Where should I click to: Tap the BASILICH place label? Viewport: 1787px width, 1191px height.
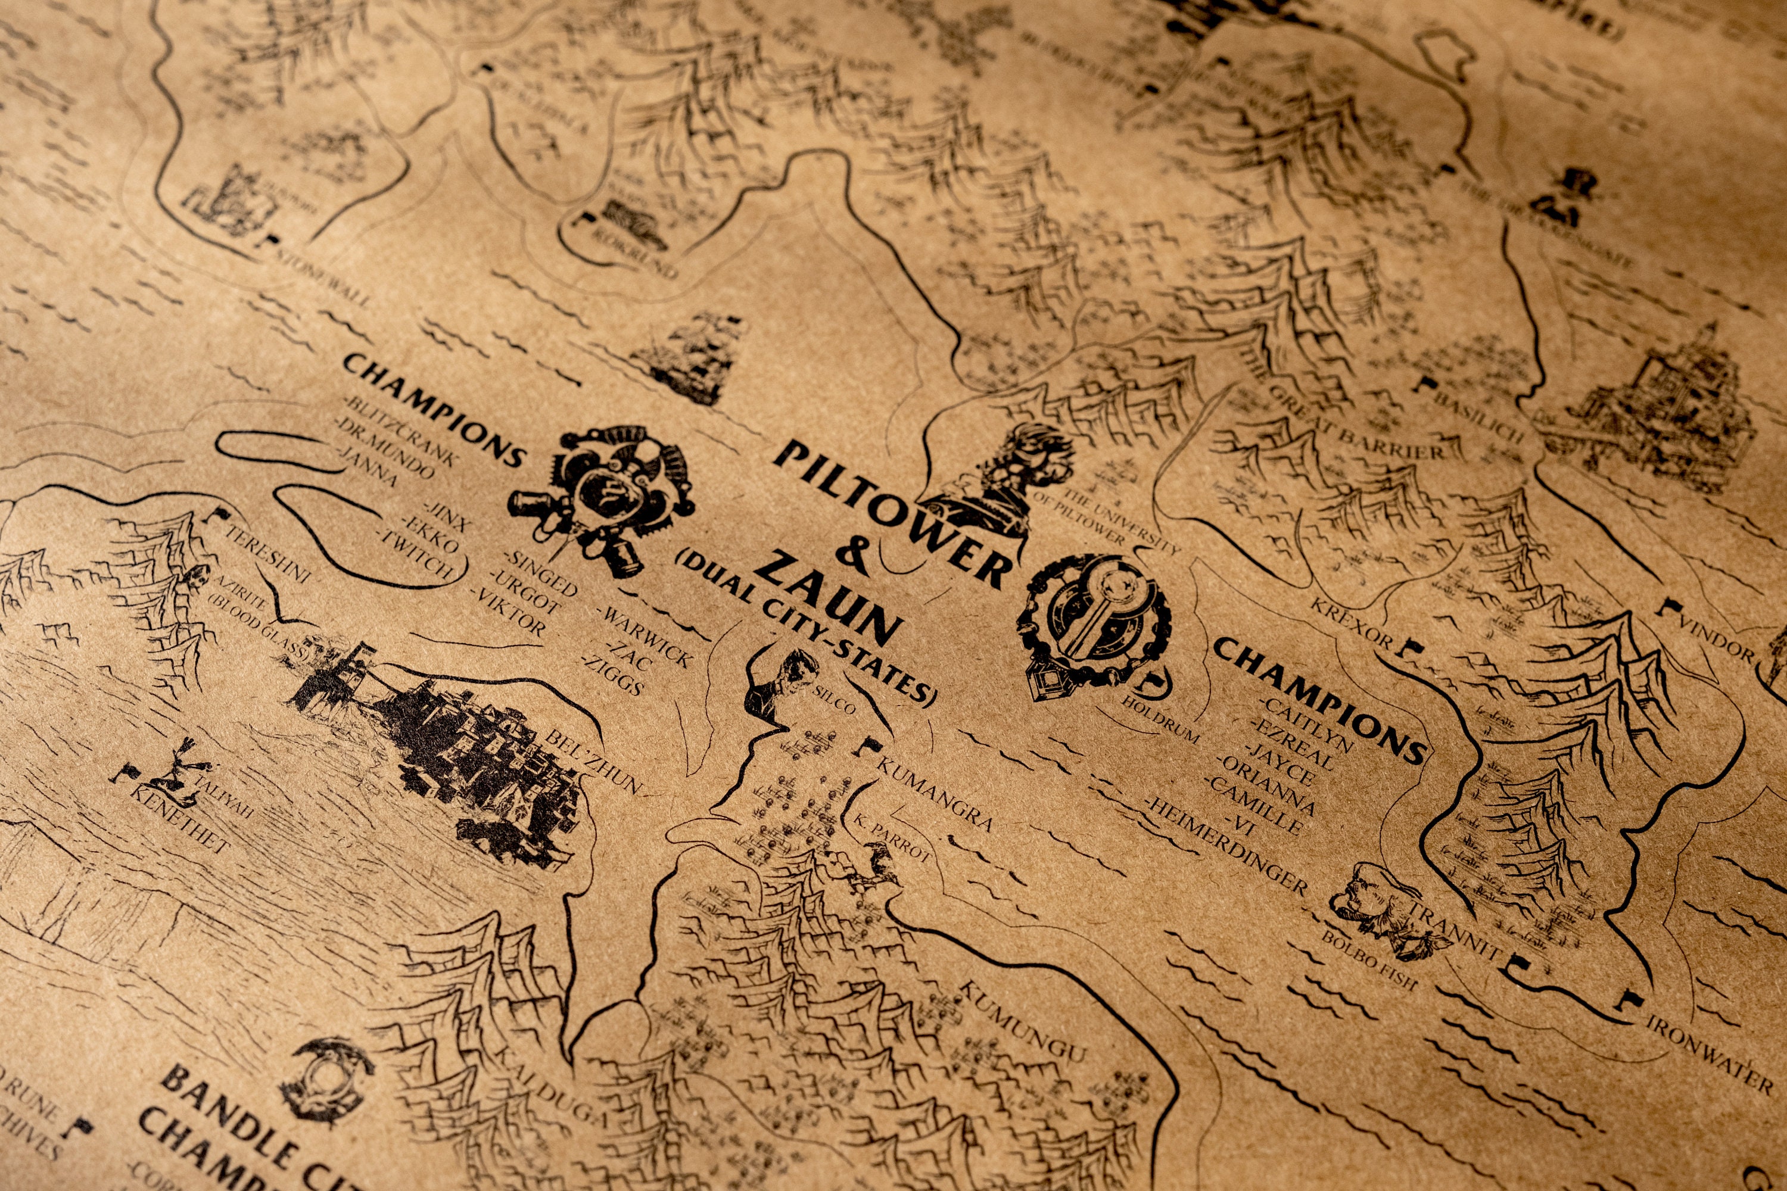[x=1481, y=413]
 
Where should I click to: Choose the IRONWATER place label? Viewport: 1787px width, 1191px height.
[x=1709, y=1052]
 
